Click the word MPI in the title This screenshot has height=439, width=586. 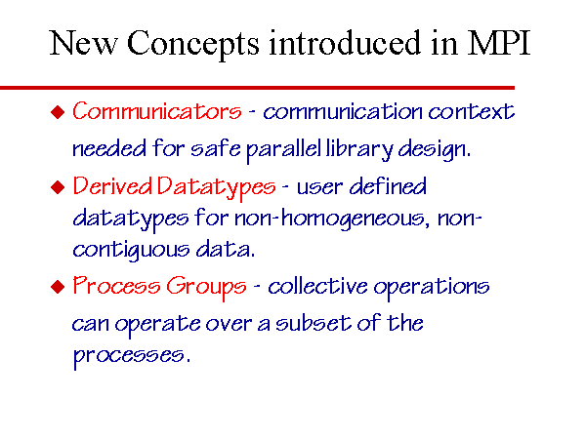coord(499,43)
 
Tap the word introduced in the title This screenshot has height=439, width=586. coord(346,43)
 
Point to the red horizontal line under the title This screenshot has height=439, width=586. coord(257,88)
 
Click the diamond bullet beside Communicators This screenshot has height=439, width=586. coord(58,112)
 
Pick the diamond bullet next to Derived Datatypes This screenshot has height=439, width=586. coord(58,187)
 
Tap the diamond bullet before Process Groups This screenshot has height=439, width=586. coord(58,287)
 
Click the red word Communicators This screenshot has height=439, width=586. coord(157,111)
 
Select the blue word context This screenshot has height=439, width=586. coord(472,111)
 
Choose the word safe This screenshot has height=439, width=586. coord(216,148)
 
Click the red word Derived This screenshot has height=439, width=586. coord(112,186)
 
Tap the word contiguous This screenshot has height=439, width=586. coord(131,250)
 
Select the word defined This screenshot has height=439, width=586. coord(388,186)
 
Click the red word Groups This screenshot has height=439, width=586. coord(206,287)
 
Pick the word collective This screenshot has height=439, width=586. coord(317,286)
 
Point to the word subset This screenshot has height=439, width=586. coord(314,323)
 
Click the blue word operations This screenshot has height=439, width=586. coord(432,288)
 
